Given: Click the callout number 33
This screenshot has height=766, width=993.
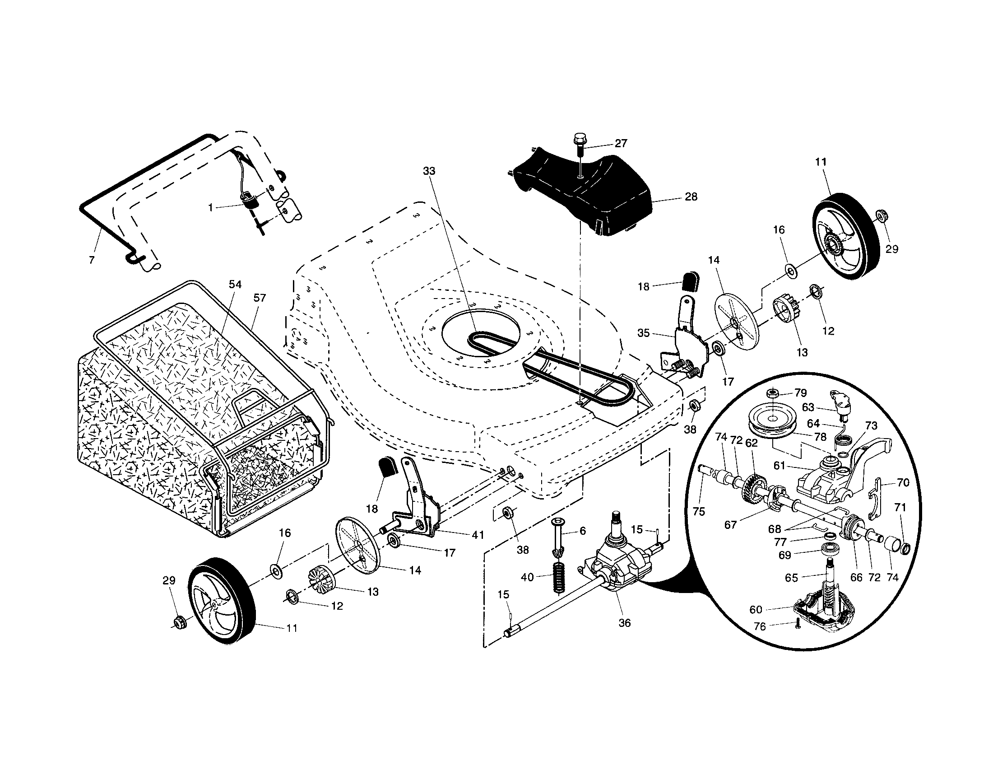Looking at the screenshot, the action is tap(429, 171).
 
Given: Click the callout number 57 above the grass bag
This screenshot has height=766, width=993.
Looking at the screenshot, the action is tap(260, 298).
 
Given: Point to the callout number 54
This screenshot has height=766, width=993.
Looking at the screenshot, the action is tap(235, 284).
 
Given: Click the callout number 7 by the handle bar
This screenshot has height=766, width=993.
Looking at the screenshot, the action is tap(92, 261).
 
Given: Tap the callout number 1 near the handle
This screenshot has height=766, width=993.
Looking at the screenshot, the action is tap(210, 207).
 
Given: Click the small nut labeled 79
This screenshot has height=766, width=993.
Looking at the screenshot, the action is tap(772, 393).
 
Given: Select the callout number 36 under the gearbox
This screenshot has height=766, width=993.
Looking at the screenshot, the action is tap(625, 623).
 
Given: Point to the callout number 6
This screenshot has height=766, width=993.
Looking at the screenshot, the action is tap(583, 531).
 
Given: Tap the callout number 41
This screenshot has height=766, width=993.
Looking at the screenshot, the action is tap(478, 535).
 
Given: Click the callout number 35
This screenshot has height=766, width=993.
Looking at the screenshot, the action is tap(643, 333).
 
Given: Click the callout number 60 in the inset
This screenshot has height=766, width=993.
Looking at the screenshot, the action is tap(756, 609).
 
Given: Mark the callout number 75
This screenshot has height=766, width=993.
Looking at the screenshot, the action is tap(699, 511).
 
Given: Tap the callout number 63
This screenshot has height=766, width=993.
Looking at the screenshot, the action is tap(808, 407).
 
